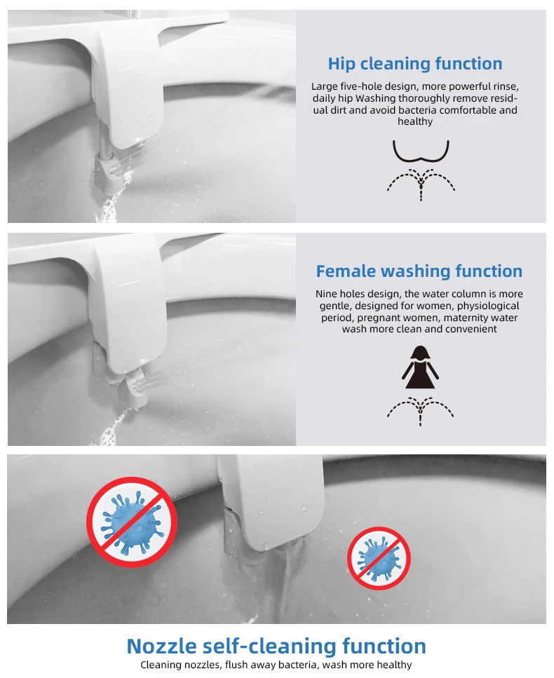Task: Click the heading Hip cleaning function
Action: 415,64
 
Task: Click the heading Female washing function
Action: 419,271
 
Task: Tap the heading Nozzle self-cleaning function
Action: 276,645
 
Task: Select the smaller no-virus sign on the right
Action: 379,558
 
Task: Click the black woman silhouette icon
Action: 420,367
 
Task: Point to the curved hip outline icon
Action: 421,153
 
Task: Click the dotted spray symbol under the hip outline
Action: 421,184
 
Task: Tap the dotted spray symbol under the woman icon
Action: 421,410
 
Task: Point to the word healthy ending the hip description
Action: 415,122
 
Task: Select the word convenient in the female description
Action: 470,329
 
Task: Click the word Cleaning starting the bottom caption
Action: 161,665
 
